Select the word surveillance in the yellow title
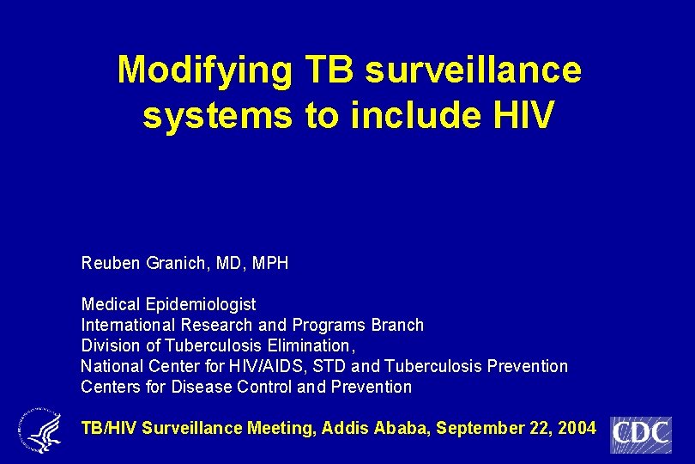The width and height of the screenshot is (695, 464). point(473,70)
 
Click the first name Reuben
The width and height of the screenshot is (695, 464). point(108,263)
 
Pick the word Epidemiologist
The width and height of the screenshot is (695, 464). point(201,305)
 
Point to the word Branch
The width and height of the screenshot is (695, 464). point(398,326)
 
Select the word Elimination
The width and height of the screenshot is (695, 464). point(309,346)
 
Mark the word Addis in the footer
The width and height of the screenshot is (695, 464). point(343,427)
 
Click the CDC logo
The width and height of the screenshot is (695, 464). point(640,434)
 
